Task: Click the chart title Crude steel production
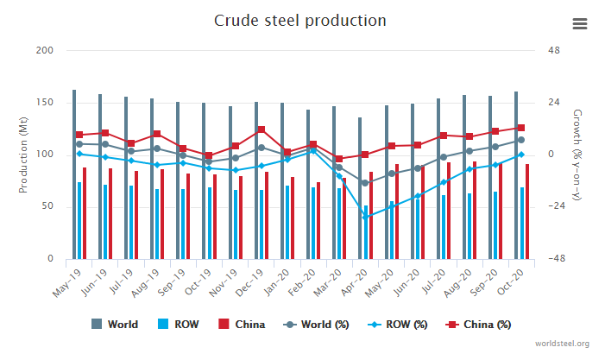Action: [x=299, y=20]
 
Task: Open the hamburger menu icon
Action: [x=579, y=24]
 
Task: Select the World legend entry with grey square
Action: [x=116, y=325]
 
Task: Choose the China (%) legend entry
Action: [x=480, y=325]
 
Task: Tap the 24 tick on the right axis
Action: [x=554, y=103]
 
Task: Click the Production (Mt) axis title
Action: [x=23, y=155]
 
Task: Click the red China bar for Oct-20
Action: [x=526, y=212]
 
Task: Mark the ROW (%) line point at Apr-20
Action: [x=365, y=217]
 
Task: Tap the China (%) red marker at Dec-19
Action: [x=261, y=129]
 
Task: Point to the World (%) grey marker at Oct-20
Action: [x=520, y=140]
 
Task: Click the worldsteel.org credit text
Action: [x=562, y=344]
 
